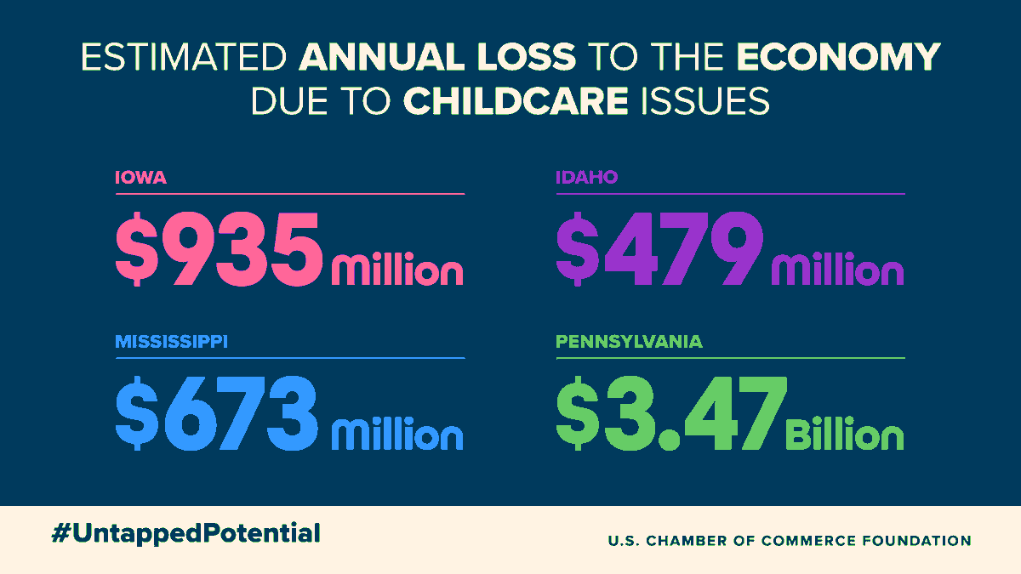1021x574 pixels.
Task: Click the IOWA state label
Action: point(140,179)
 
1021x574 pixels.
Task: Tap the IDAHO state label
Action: point(586,179)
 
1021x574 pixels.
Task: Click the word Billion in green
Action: point(844,434)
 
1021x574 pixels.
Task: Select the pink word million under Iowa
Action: point(397,270)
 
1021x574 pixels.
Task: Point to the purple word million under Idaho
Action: point(838,270)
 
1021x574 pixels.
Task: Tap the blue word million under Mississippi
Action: point(397,434)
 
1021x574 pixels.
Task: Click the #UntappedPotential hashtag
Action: point(185,533)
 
